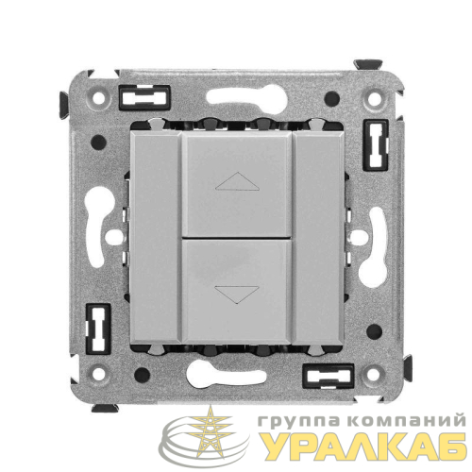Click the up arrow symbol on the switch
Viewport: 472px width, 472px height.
(x=237, y=181)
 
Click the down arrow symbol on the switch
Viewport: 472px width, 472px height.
(x=237, y=295)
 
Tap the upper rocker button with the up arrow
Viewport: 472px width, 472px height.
(x=238, y=184)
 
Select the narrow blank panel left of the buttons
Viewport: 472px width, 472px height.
(x=156, y=238)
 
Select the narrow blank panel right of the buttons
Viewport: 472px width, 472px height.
(x=318, y=238)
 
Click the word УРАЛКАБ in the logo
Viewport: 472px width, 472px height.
(x=364, y=447)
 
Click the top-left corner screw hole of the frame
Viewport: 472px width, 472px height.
(x=98, y=98)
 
